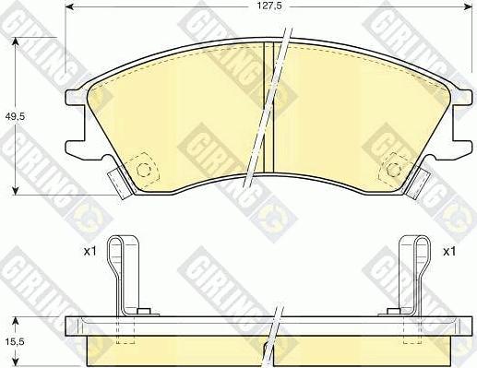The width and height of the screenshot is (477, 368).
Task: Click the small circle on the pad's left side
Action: coord(143,171)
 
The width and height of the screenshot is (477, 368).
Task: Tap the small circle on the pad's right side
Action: coord(396,170)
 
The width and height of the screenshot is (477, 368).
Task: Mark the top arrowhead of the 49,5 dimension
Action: coord(15,42)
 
